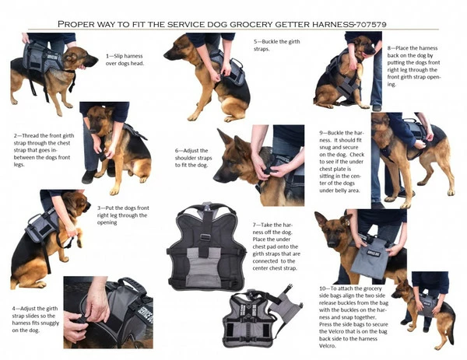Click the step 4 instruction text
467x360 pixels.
[33, 319]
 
